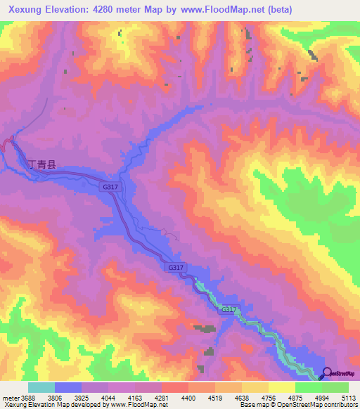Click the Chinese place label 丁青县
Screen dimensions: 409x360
coord(41,166)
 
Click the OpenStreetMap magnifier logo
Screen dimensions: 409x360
coord(326,372)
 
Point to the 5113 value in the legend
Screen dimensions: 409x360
coord(349,397)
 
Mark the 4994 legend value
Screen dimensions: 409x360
coord(321,397)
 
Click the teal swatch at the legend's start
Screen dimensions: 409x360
coord(41,387)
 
